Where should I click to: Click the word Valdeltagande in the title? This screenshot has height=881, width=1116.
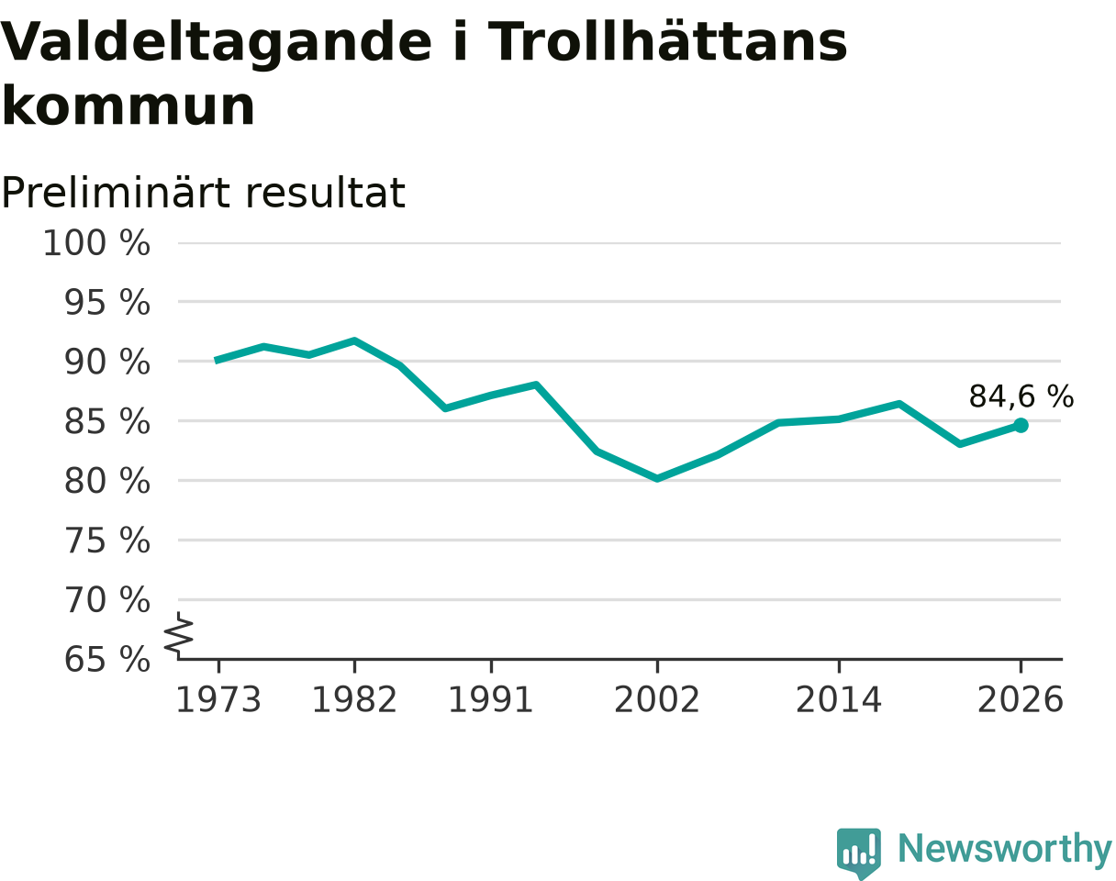coord(217,43)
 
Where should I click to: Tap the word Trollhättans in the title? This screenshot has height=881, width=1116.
coord(668,40)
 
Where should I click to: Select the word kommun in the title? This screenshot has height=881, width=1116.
coord(128,106)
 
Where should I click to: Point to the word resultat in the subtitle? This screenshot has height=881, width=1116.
coord(325,193)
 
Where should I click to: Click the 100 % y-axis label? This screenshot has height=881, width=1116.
coord(96,242)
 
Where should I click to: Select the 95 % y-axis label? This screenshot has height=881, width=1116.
coord(107,302)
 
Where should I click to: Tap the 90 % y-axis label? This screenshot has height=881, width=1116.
coord(107,362)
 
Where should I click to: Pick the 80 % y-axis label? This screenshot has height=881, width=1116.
coord(107,481)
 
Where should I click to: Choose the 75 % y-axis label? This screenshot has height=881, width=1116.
coord(107,541)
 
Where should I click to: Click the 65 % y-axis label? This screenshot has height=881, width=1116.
coord(107,660)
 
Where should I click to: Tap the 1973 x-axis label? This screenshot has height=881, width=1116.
coord(218,700)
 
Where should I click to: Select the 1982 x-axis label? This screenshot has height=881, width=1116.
coord(354,700)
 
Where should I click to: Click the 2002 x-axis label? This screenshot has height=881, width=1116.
coord(657,700)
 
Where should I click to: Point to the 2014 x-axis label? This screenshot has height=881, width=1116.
coord(839,700)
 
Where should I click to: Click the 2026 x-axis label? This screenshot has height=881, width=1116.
coord(1021,700)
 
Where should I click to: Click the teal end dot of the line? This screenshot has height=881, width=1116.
coord(1021,425)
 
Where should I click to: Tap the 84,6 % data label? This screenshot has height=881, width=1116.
coord(1021,396)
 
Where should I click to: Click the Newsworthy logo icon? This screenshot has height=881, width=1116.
coord(859,850)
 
